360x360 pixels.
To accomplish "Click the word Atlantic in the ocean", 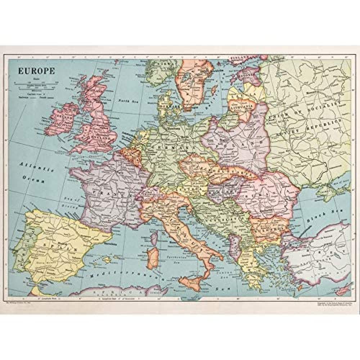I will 36,167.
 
